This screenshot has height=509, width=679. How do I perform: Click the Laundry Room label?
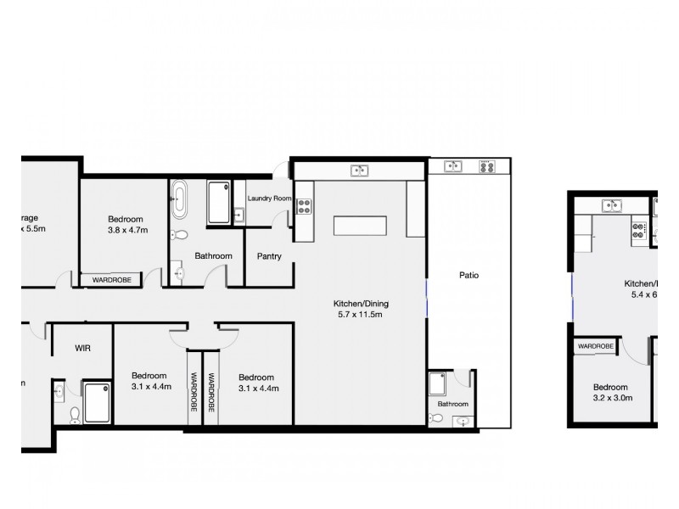(x=269, y=199)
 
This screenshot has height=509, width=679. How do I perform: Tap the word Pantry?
(x=269, y=256)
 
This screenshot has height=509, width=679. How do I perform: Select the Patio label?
(x=469, y=275)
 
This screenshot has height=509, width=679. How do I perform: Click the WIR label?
(x=82, y=348)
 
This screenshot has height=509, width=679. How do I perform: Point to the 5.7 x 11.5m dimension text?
(x=360, y=315)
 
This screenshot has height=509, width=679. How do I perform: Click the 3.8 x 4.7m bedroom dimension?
(x=127, y=230)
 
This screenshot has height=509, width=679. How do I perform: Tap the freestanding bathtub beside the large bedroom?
(x=180, y=200)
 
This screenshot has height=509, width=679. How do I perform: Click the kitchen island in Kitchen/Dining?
(x=361, y=227)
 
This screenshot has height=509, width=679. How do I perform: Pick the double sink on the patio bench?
(x=452, y=166)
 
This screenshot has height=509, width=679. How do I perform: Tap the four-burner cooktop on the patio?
(x=487, y=166)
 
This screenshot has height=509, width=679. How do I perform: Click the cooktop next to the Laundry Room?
(x=305, y=206)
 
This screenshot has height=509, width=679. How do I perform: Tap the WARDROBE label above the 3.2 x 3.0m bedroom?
(x=595, y=346)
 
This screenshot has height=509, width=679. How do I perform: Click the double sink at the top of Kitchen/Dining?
(x=360, y=171)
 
